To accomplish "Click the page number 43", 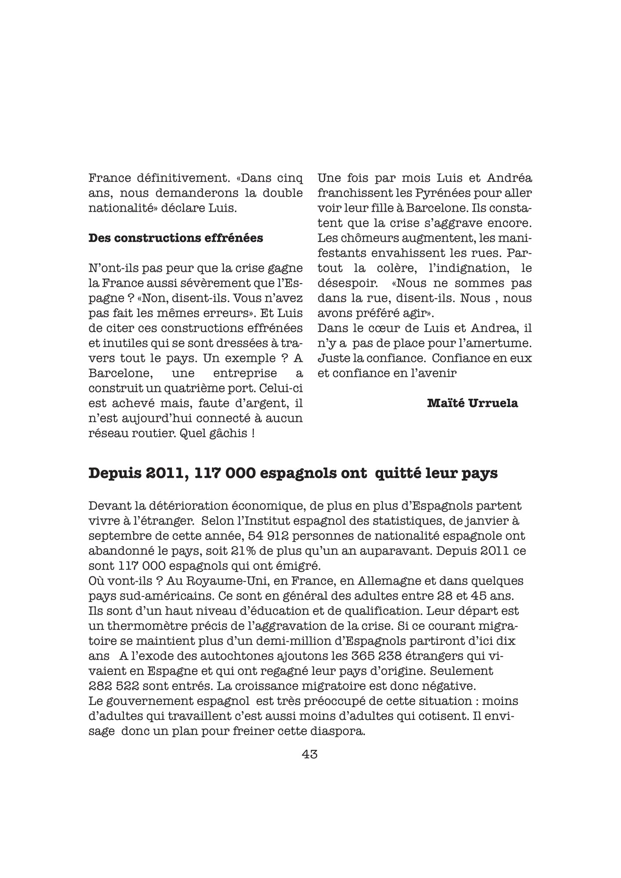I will coord(310,755).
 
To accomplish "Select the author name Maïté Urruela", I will coord(472,403).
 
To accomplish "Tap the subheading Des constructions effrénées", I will coord(176,238).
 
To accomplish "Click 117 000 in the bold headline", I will coord(225,473).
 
